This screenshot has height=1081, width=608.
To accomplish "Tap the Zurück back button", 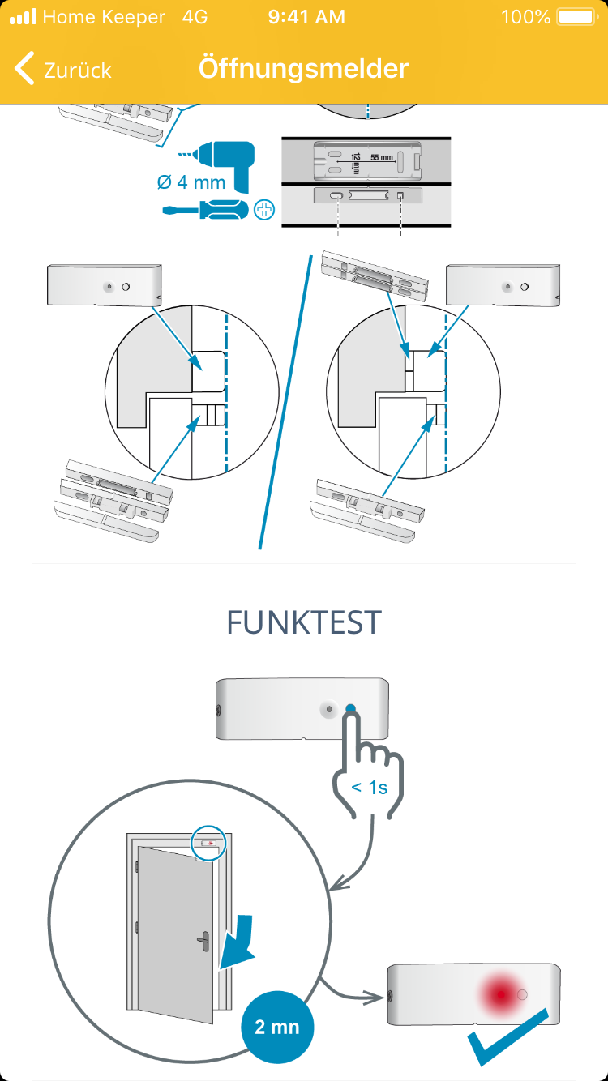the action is tap(62, 69).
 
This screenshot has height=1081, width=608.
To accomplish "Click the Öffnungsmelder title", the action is tap(303, 68).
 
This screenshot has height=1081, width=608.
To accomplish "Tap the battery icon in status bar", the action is tap(577, 17).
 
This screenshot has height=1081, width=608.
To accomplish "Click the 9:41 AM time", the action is tap(306, 17).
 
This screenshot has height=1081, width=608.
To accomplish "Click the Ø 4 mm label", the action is tap(191, 182).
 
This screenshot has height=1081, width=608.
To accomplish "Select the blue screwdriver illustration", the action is tap(205, 209).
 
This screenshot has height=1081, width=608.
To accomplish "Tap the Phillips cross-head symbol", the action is tap(264, 210).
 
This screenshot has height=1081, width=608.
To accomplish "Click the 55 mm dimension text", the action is tap(382, 158).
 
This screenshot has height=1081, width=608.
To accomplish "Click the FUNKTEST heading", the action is tap(304, 622).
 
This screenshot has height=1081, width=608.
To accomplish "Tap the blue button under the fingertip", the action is tap(350, 708).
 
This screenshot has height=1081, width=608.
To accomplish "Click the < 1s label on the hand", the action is tap(370, 788).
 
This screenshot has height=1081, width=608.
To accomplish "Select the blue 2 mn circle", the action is tap(277, 1027).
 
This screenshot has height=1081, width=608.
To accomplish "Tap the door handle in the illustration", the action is tap(203, 941).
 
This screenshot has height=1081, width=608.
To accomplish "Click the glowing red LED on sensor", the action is tap(501, 994).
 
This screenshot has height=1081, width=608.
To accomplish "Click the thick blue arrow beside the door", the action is tap(236, 942).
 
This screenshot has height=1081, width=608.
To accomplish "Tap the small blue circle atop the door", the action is tap(208, 843).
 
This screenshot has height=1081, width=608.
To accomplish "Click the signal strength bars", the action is tap(24, 17).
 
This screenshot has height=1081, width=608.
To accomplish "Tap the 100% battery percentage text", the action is tap(525, 17).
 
